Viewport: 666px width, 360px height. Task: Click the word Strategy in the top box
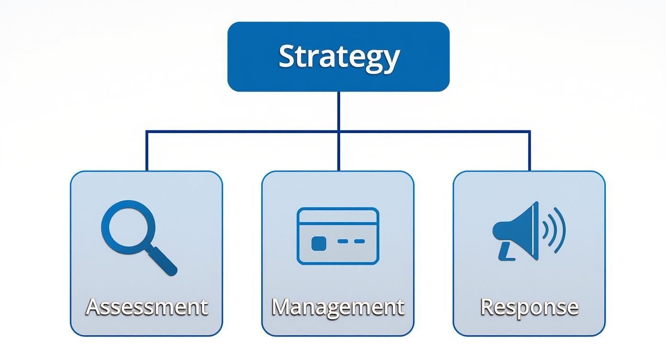coord(338,56)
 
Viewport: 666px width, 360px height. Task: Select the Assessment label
coord(146,306)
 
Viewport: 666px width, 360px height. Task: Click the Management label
coord(338,306)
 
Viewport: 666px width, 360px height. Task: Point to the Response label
coord(529,306)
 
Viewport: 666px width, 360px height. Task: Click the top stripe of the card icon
coord(338,218)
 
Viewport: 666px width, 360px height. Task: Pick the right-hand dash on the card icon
coord(359,242)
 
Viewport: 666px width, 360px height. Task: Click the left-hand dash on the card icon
coord(343,242)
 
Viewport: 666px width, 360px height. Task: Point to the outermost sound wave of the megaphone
coord(560,230)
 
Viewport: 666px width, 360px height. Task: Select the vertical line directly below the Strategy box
coord(338,110)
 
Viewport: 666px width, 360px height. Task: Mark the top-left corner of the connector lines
coord(146,131)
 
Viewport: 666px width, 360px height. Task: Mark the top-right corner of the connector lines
coord(529,131)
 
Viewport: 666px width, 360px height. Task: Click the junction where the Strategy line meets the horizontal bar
coord(338,131)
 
